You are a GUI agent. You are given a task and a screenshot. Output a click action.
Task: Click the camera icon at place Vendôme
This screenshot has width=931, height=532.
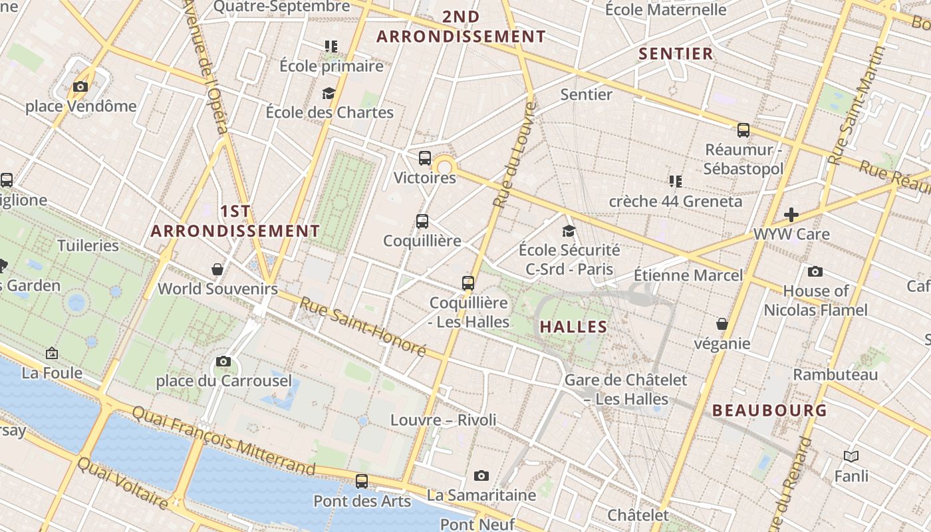tap(80, 86)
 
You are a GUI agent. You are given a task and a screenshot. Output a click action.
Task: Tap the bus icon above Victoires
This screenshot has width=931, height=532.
tap(425, 158)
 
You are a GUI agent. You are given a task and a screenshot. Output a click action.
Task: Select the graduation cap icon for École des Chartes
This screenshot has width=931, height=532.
tap(329, 93)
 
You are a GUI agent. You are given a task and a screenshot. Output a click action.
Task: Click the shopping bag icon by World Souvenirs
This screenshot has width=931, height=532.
tap(217, 269)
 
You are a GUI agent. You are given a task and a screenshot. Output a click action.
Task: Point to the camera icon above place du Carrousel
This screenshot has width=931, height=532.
tap(223, 361)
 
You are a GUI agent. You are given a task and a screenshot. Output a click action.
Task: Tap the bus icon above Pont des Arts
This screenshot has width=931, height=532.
tap(362, 481)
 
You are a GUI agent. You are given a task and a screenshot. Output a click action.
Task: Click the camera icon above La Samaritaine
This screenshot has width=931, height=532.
tap(481, 475)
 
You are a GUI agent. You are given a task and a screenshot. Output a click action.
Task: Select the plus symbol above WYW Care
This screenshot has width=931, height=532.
tap(791, 214)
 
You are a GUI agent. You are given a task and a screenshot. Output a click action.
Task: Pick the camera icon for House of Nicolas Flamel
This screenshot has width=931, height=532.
tap(815, 271)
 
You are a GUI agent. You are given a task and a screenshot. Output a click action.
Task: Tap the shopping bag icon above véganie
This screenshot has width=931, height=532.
tap(722, 324)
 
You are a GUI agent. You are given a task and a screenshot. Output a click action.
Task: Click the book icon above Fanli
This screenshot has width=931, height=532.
tap(851, 456)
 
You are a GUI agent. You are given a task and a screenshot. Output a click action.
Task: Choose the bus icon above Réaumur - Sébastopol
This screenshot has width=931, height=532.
tap(743, 130)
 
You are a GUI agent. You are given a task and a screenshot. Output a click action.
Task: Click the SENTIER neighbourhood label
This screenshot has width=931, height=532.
tap(676, 54)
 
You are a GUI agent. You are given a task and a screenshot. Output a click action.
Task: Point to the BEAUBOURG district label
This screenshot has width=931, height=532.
tap(770, 410)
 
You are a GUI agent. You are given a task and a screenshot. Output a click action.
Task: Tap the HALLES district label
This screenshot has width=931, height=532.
tap(573, 327)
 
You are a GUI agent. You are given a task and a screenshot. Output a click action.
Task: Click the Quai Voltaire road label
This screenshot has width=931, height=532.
tap(122, 483)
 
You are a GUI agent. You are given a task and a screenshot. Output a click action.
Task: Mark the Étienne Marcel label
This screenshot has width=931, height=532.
tap(688, 275)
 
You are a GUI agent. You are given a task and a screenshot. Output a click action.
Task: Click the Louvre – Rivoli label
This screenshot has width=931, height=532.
tap(444, 420)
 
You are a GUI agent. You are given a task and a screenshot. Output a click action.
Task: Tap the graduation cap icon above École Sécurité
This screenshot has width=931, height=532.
tap(569, 231)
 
